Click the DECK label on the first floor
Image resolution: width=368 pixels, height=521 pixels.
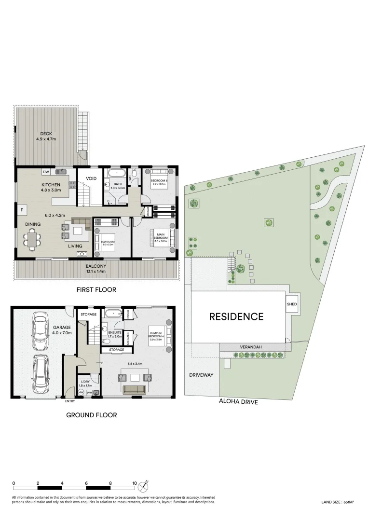tap(46, 134)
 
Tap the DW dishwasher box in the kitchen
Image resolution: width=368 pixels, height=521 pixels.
tap(46, 172)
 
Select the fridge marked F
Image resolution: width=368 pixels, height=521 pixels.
tap(21, 209)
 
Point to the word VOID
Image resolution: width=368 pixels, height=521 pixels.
tap(91, 178)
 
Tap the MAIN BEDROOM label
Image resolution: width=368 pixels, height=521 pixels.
tap(161, 236)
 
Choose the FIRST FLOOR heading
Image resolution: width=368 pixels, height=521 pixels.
tap(95, 289)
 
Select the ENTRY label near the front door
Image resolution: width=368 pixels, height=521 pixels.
tap(70, 401)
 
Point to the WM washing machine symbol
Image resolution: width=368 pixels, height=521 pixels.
tap(89, 393)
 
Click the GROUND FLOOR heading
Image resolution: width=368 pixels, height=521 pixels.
tap(92, 415)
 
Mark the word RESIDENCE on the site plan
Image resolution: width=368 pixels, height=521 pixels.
tap(236, 317)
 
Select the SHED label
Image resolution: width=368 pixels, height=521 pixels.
tap(292, 304)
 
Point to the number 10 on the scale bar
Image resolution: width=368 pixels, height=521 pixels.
tap(135, 483)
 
